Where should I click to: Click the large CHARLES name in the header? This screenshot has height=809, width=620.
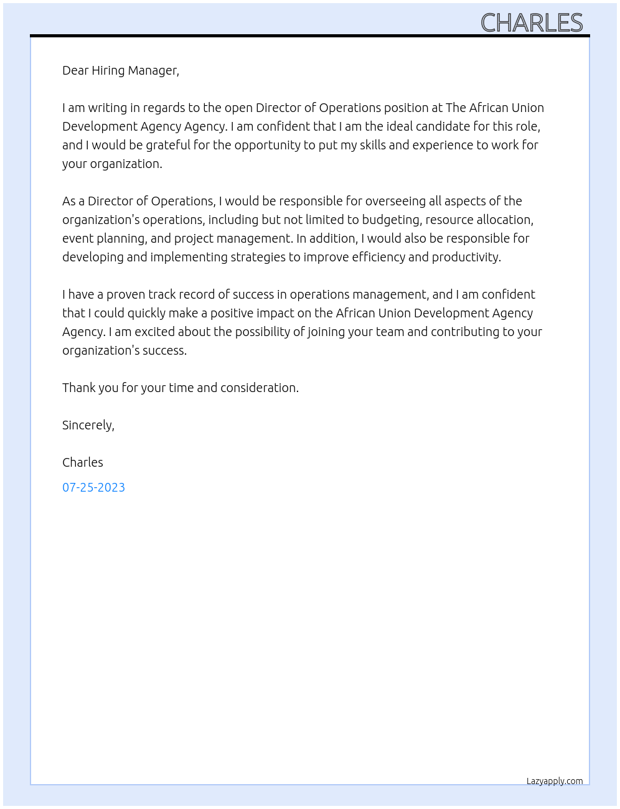532,23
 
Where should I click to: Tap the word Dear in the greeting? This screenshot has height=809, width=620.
75,70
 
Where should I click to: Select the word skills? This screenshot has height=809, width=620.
372,145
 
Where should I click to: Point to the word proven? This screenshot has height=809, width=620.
125,294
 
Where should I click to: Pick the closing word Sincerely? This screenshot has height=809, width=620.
88,425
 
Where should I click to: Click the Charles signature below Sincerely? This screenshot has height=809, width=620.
83,462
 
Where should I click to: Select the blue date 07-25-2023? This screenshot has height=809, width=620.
93,487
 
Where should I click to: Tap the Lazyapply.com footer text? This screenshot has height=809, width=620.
555,781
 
